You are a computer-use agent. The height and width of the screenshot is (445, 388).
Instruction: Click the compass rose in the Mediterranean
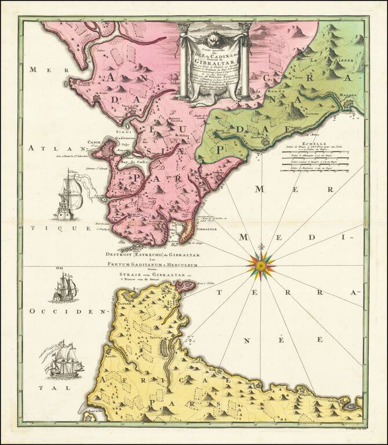[261, 265]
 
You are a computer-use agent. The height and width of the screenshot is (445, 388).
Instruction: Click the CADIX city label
[94, 142]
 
